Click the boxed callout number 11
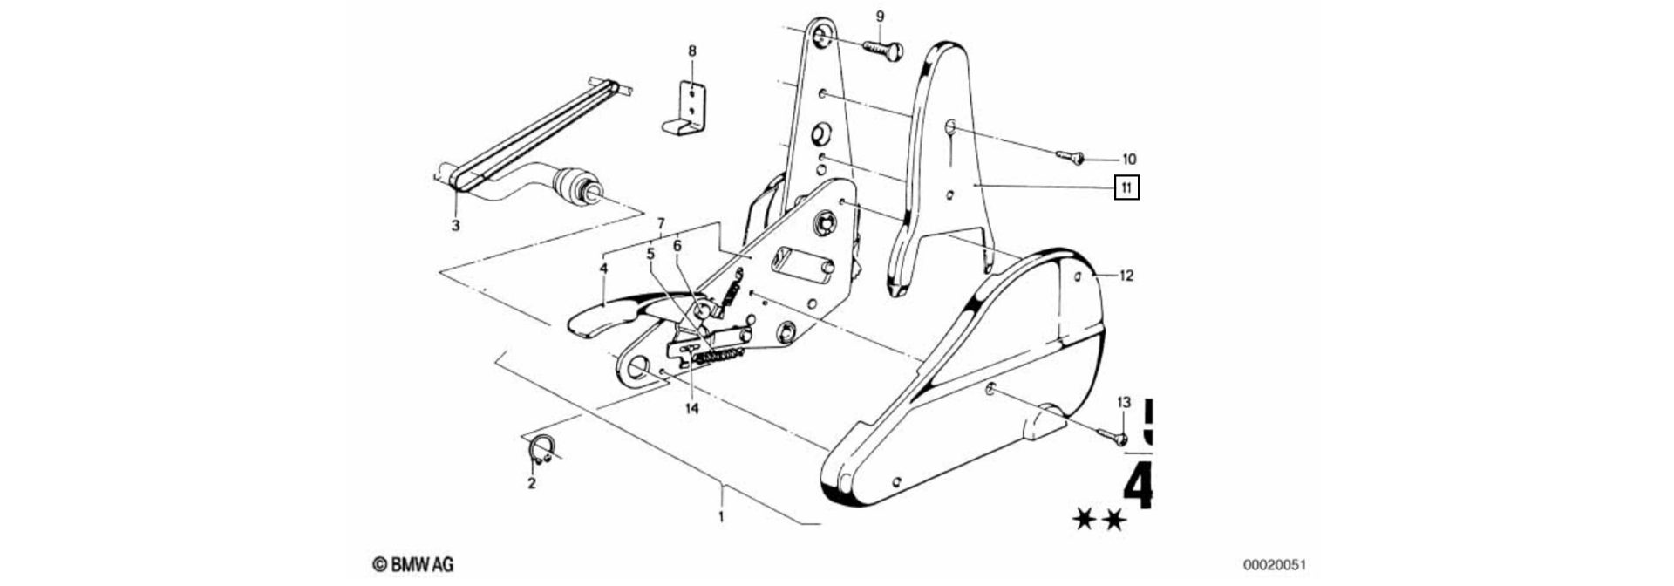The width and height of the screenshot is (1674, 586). click(x=1126, y=187)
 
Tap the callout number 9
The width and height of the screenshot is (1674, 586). click(x=880, y=16)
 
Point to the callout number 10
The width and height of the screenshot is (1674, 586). click(x=1128, y=159)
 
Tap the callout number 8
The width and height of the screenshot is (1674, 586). click(x=692, y=51)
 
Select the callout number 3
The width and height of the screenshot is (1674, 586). click(x=455, y=226)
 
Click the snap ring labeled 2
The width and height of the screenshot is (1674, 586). click(x=541, y=450)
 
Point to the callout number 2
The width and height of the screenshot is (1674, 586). click(x=531, y=482)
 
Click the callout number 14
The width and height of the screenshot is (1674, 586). click(x=692, y=407)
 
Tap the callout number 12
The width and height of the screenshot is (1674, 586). click(x=1126, y=276)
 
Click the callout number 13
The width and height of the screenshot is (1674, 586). click(x=1124, y=402)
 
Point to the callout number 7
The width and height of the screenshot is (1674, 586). click(x=661, y=222)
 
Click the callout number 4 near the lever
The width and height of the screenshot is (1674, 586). click(x=602, y=269)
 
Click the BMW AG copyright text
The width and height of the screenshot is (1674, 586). click(x=413, y=565)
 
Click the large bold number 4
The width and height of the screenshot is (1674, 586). click(x=1139, y=488)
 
